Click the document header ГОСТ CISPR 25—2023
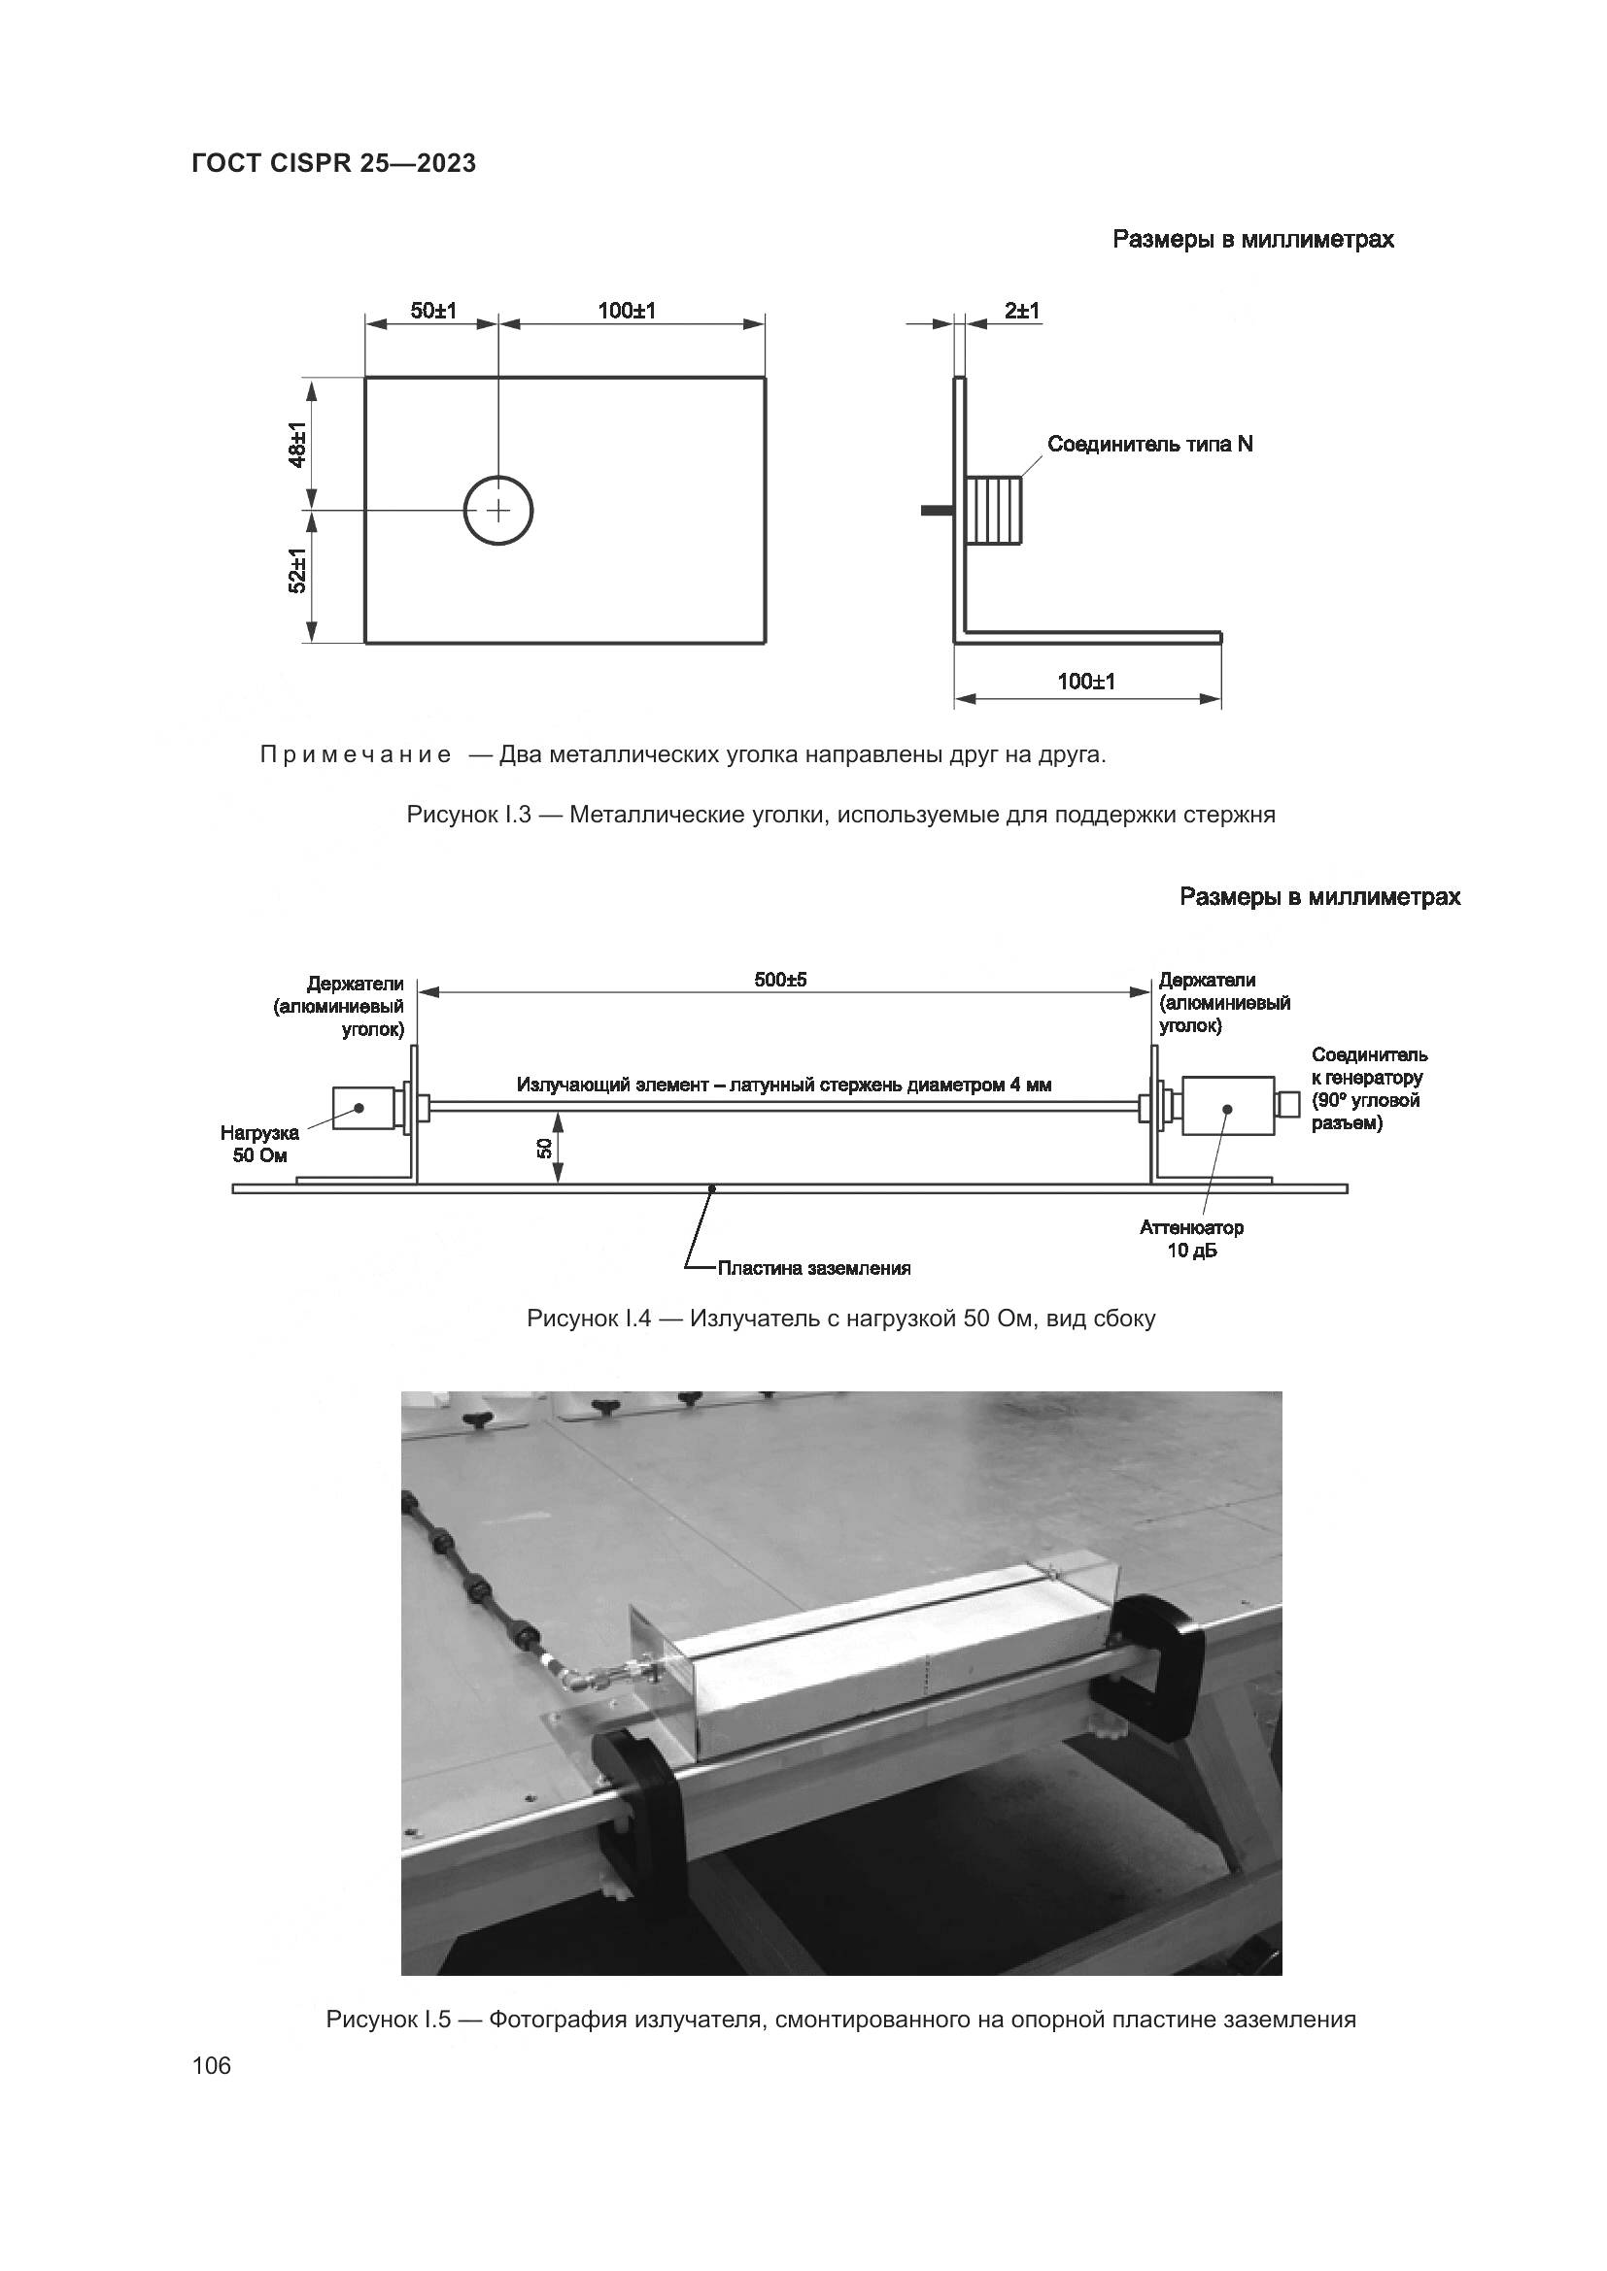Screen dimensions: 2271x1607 [333, 164]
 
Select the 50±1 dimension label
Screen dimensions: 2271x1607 [433, 311]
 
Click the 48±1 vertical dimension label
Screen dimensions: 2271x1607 [298, 444]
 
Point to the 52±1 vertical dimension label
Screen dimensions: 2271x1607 [298, 572]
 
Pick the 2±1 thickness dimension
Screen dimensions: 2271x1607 [1022, 311]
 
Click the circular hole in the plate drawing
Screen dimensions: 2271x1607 [498, 511]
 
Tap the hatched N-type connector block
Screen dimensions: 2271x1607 [994, 511]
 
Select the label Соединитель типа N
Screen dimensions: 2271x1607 [1149, 444]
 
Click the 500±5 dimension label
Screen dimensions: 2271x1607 [781, 980]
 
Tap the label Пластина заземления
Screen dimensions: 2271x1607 [813, 1268]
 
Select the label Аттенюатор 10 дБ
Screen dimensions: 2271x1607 [1191, 1239]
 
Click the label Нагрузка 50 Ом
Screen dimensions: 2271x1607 [259, 1145]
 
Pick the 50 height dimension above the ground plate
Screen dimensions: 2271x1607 [544, 1148]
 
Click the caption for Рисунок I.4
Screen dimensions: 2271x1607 [841, 1319]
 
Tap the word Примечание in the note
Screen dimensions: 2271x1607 [356, 754]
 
